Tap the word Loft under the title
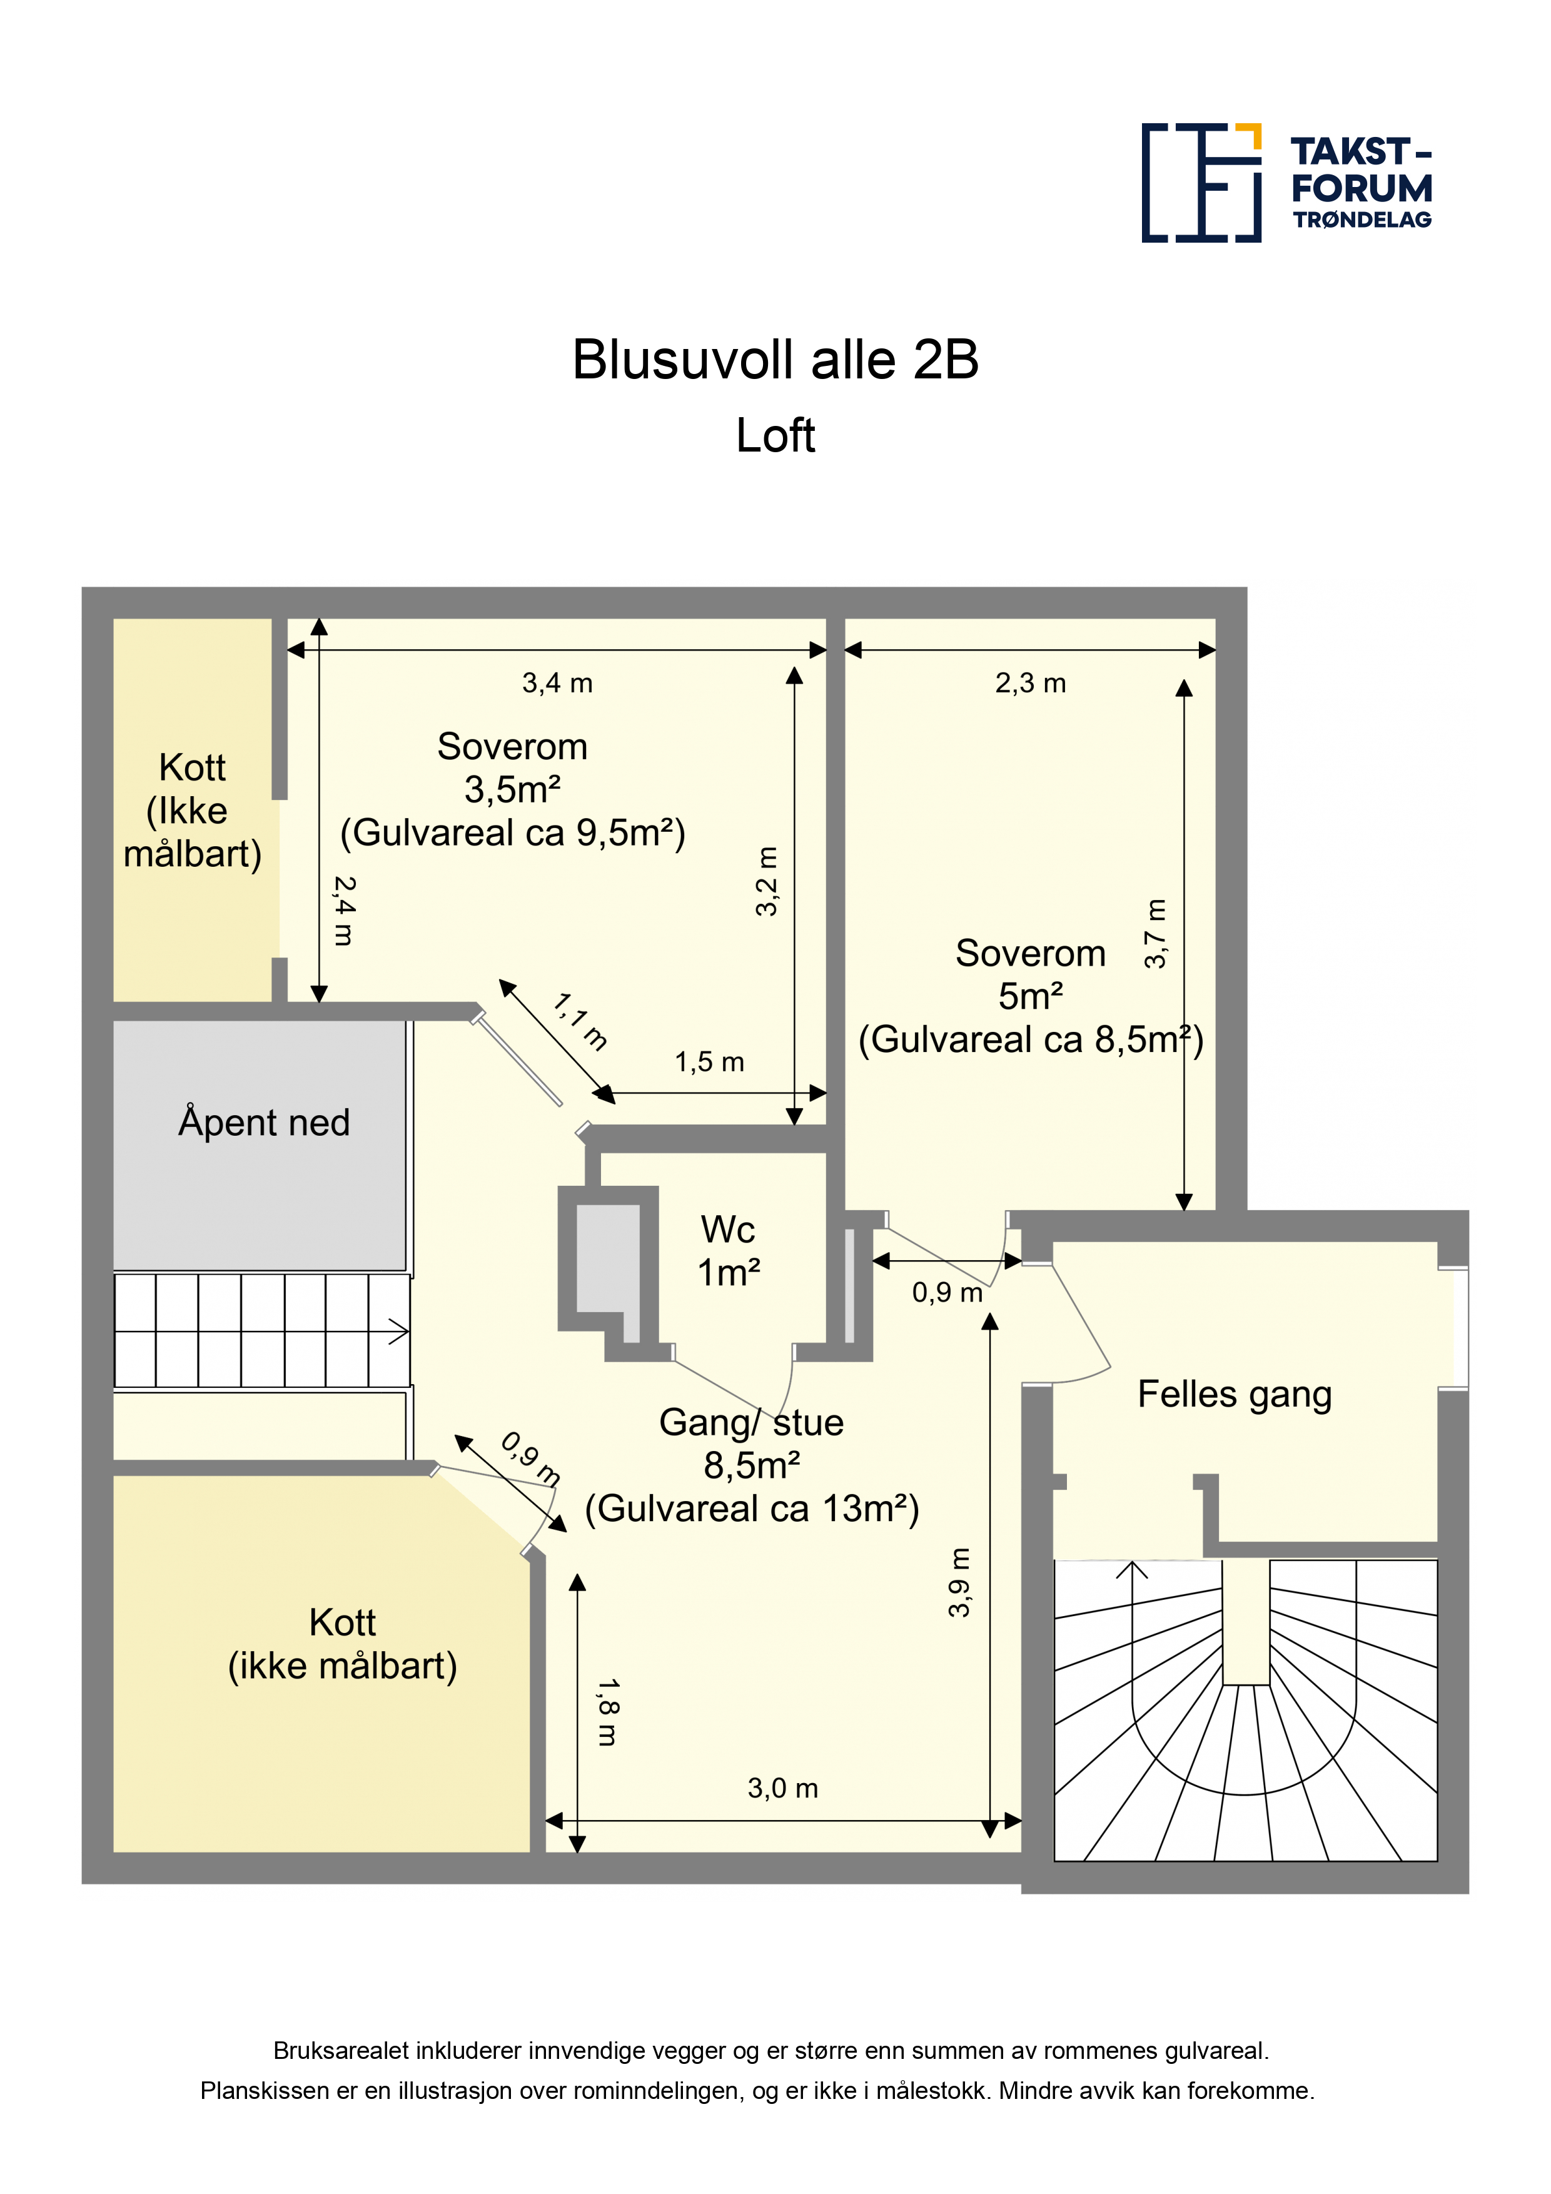(x=775, y=436)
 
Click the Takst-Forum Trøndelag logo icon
(x=1201, y=183)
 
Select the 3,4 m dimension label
(x=557, y=683)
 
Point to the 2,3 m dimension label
(x=1030, y=683)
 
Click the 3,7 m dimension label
(x=1155, y=934)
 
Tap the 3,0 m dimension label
(x=782, y=1788)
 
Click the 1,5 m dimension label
(x=709, y=1061)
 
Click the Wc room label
(x=728, y=1230)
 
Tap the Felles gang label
(x=1235, y=1394)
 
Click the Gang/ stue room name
(x=751, y=1423)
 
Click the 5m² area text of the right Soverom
(x=1030, y=997)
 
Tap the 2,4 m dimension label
(x=344, y=911)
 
